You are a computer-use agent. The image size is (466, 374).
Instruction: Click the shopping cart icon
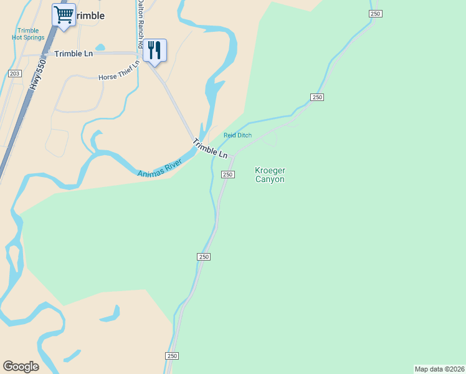click(64, 14)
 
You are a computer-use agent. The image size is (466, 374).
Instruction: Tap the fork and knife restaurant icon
click(155, 50)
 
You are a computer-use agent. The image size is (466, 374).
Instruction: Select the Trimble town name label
click(90, 16)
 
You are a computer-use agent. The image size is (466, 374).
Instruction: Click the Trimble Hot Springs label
click(28, 34)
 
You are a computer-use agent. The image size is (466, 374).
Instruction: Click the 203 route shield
click(15, 74)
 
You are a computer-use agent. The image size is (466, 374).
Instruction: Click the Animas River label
click(159, 167)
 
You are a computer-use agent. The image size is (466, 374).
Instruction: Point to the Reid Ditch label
click(237, 135)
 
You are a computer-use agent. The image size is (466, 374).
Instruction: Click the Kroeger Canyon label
click(270, 175)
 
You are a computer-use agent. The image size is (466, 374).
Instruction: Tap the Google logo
click(21, 367)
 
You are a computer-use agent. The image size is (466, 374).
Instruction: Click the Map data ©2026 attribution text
click(440, 369)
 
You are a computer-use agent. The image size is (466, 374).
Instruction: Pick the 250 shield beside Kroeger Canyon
click(228, 175)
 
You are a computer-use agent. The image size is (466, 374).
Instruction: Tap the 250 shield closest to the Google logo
click(172, 356)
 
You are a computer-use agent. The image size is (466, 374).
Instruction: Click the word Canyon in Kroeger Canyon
click(270, 180)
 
